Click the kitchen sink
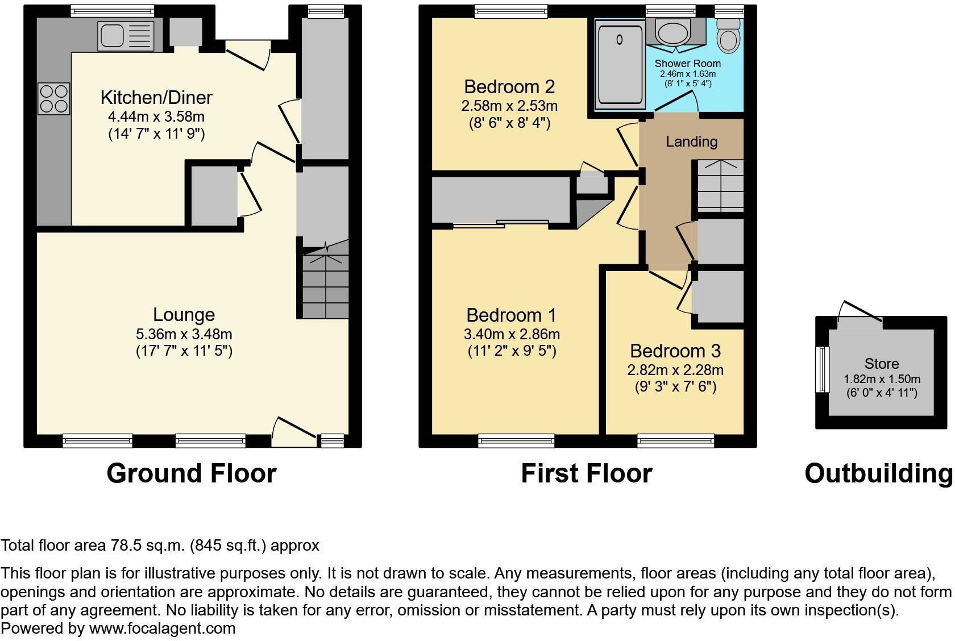[x=126, y=36]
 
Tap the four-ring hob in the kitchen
[x=54, y=99]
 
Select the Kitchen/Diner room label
[x=156, y=97]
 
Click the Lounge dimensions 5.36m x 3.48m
[x=184, y=334]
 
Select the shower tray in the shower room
[x=620, y=63]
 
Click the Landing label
[x=691, y=141]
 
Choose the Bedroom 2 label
[x=509, y=87]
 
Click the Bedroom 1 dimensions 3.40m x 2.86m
[x=512, y=334]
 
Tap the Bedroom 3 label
[x=675, y=351]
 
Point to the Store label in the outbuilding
[x=882, y=364]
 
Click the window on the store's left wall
[x=822, y=369]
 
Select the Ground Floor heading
[x=191, y=473]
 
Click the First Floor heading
[x=587, y=473]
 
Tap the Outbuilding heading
[x=878, y=473]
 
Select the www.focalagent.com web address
[x=162, y=628]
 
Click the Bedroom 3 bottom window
[x=675, y=440]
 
